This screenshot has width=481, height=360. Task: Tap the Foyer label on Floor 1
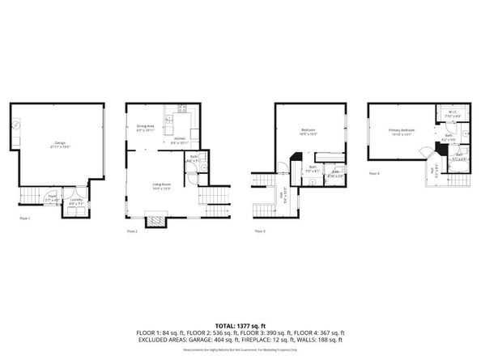[x=51, y=196]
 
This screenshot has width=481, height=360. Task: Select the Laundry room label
[x=75, y=200]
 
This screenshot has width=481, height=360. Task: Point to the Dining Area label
[x=146, y=128]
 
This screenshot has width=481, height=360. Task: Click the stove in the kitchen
[x=181, y=110]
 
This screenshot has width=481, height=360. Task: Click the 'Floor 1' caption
[x=26, y=218]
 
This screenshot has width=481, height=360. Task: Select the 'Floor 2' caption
[x=133, y=231]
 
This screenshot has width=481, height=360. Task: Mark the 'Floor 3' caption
[x=259, y=231]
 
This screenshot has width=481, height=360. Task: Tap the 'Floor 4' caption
[x=374, y=173]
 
